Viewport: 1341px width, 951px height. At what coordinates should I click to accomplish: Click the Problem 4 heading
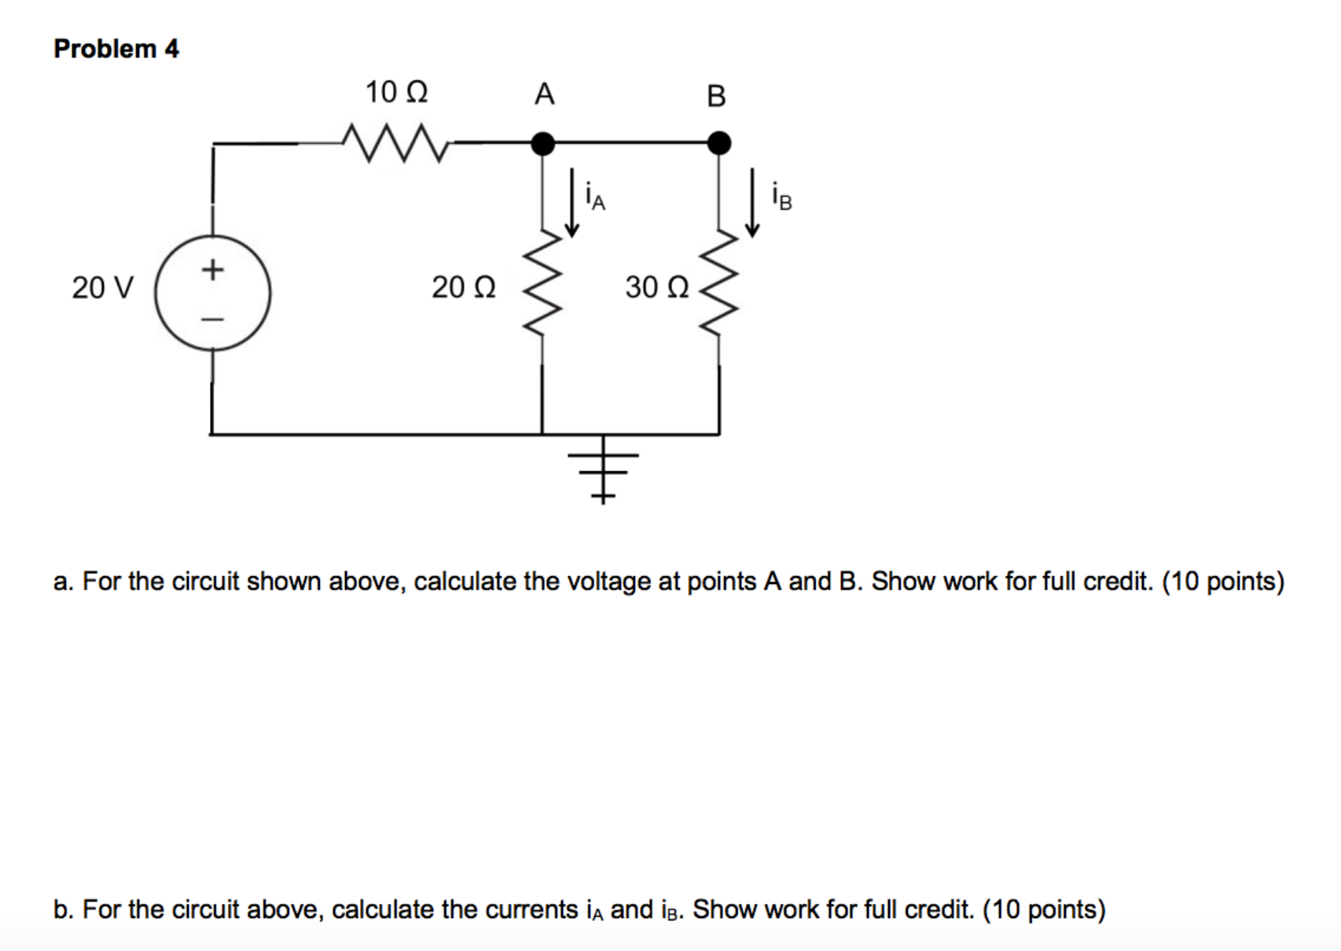click(116, 49)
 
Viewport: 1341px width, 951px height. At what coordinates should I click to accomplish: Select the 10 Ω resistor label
click(396, 93)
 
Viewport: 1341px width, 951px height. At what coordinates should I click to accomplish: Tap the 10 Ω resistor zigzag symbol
click(396, 142)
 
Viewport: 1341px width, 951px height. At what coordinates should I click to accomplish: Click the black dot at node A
click(542, 143)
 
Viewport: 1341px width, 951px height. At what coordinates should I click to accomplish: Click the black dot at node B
click(718, 143)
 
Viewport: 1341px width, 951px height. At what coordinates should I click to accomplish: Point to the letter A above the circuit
click(544, 94)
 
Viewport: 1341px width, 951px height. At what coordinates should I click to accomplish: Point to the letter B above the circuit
click(716, 96)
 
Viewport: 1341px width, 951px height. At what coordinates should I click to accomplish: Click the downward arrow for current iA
click(573, 202)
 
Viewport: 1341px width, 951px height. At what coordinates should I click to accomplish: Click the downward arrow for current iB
click(752, 202)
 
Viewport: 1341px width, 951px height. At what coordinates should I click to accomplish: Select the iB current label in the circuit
click(781, 196)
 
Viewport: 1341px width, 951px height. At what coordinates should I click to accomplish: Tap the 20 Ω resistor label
click(464, 288)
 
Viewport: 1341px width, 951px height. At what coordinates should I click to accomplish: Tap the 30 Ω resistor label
click(657, 288)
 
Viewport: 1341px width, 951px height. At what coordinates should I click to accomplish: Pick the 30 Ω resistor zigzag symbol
click(718, 285)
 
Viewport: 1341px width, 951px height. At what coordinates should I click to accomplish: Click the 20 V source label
click(103, 288)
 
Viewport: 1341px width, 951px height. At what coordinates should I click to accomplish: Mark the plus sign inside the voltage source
click(212, 270)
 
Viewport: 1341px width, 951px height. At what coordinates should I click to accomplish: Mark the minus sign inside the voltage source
click(212, 319)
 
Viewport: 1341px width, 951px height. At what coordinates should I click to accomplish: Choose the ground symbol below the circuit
click(603, 472)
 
